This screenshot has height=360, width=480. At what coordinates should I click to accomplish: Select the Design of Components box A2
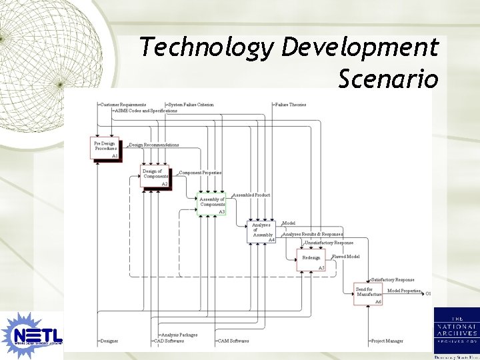pyautogui.click(x=155, y=176)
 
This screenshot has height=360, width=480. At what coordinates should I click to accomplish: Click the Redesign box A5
pyautogui.click(x=311, y=259)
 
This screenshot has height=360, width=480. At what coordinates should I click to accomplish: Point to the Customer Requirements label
pyautogui.click(x=123, y=105)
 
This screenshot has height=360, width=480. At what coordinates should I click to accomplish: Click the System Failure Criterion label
pyautogui.click(x=191, y=105)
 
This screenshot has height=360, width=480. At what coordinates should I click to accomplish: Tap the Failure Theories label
pyautogui.click(x=291, y=105)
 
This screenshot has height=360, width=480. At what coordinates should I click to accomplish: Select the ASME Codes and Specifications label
pyautogui.click(x=146, y=111)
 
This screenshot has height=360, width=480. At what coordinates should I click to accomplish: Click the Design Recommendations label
pyautogui.click(x=154, y=145)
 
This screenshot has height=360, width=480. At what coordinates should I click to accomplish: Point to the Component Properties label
pyautogui.click(x=200, y=173)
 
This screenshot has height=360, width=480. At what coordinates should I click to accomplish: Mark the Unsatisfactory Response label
pyautogui.click(x=329, y=243)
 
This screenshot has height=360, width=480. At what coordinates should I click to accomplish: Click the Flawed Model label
pyautogui.click(x=346, y=257)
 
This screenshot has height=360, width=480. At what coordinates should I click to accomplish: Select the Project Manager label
pyautogui.click(x=387, y=341)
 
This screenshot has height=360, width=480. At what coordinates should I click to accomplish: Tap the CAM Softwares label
pyautogui.click(x=233, y=341)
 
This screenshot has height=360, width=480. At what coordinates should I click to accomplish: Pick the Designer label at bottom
pyautogui.click(x=109, y=341)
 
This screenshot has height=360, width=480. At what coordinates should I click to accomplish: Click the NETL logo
pyautogui.click(x=31, y=333)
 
